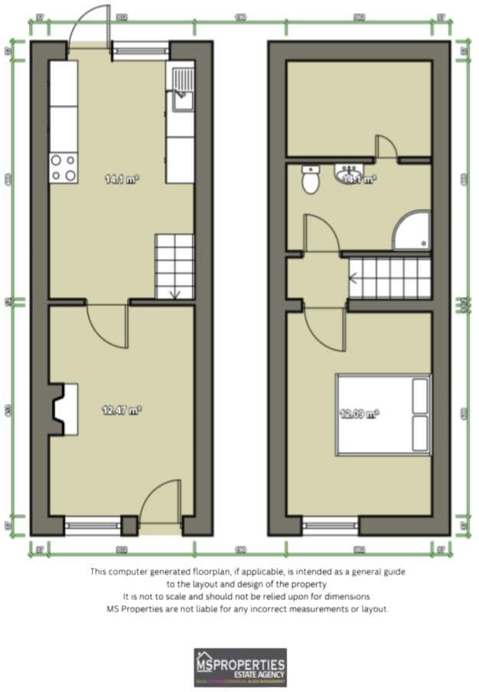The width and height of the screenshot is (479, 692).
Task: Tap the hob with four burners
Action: click(64, 168)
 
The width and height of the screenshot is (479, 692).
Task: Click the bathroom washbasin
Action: click(347, 175)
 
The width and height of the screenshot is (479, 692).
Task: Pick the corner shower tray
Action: click(411, 230)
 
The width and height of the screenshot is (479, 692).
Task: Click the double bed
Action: click(383, 414)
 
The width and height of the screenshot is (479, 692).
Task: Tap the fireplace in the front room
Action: click(64, 410)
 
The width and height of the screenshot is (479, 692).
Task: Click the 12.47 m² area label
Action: click(122, 410)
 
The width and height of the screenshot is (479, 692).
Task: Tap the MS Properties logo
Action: click(240, 667)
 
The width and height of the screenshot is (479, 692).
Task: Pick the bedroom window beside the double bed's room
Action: click(330, 526)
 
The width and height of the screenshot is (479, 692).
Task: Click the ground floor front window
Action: click(92, 526)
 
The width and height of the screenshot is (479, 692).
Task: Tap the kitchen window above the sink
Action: click(141, 51)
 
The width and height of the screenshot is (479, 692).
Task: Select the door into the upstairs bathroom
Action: click(321, 233)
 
